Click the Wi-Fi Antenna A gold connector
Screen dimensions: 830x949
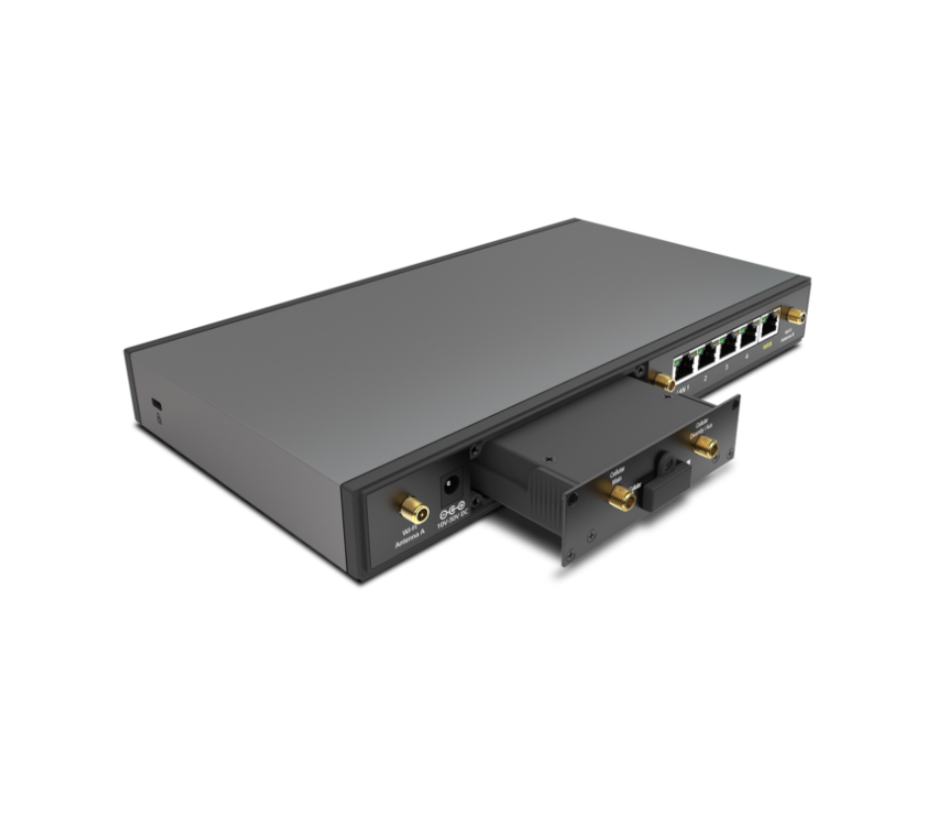(x=407, y=509)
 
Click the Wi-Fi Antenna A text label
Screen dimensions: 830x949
(x=407, y=539)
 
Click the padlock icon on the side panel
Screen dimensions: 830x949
(x=158, y=419)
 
